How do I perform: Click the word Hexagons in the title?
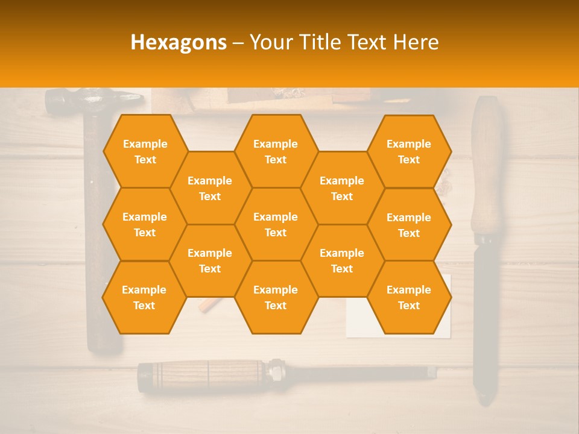[x=179, y=42]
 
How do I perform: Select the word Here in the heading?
[x=416, y=42]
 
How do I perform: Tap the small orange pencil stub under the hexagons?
[x=208, y=306]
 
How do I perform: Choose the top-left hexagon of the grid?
[x=145, y=151]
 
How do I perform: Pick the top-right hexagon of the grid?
[x=409, y=151]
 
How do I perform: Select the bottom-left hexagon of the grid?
[x=144, y=297]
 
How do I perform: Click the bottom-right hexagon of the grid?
[x=409, y=297]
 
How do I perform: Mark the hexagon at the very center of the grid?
[x=276, y=224]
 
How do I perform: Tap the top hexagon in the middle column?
[x=276, y=151]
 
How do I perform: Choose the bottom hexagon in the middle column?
[x=276, y=297]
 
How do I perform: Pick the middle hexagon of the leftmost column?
[x=145, y=224]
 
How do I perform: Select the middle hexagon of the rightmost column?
[x=409, y=225]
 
